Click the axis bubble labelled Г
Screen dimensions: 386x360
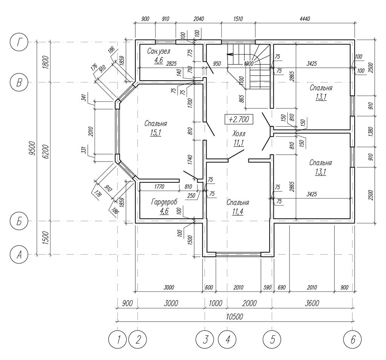click(x=19, y=42)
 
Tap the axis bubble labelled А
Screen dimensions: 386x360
click(x=19, y=255)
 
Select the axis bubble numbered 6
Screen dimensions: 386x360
click(x=352, y=340)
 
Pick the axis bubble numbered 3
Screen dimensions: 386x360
click(x=205, y=340)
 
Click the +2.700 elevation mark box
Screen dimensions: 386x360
click(x=239, y=119)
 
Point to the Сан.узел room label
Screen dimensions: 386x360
click(x=159, y=51)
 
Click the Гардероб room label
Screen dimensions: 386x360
click(x=164, y=202)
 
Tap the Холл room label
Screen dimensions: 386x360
click(x=239, y=134)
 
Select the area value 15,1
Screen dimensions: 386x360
click(x=156, y=133)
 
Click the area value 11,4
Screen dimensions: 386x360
click(x=237, y=212)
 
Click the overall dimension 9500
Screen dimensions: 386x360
click(x=32, y=148)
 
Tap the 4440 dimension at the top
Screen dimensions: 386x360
click(x=305, y=19)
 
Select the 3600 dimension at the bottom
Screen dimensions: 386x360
click(x=311, y=303)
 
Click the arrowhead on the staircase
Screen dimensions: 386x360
click(x=230, y=54)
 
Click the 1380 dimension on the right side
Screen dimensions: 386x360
click(x=371, y=131)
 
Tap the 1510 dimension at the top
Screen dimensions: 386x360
click(x=238, y=19)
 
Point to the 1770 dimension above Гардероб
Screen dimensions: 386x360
click(x=159, y=187)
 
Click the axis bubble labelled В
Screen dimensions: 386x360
click(x=19, y=82)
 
